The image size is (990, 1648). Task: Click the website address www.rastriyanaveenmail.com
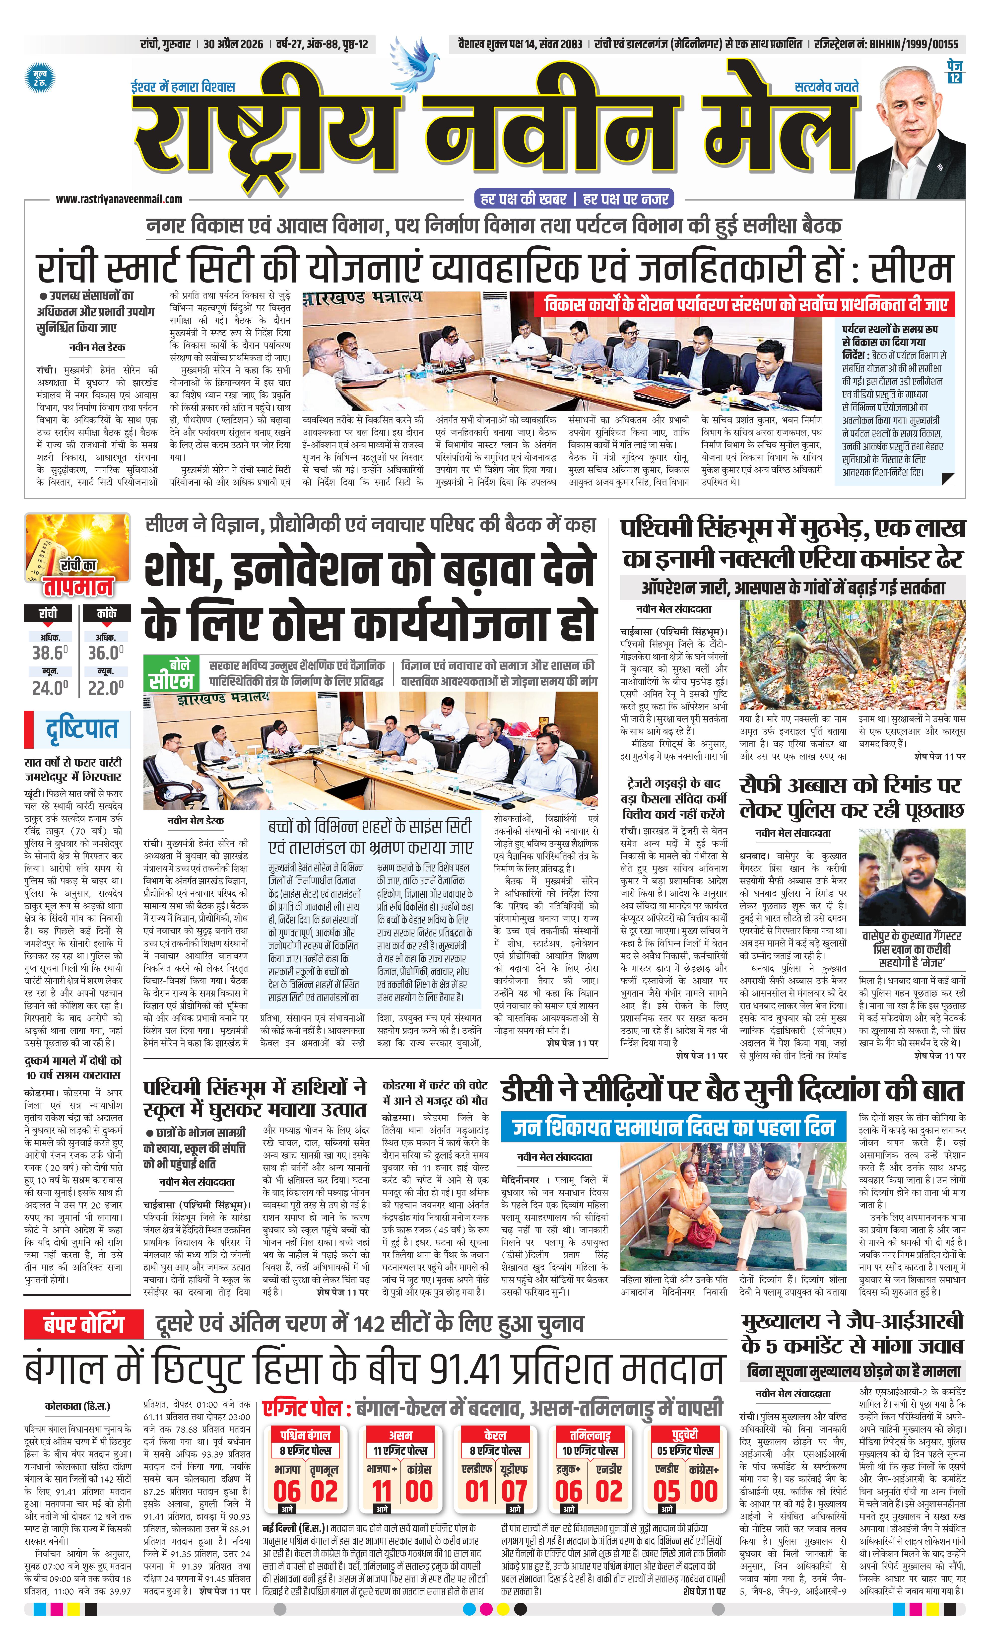[119, 199]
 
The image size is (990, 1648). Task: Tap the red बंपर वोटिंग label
[84, 1323]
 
